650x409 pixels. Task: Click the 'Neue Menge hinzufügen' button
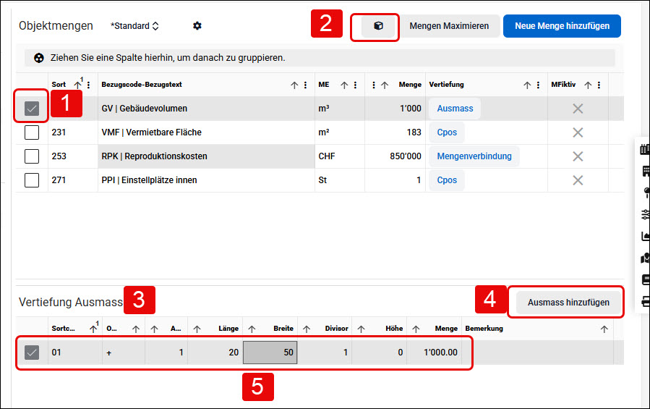click(x=562, y=26)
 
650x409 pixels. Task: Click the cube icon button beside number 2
click(x=378, y=26)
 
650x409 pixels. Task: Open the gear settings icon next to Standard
click(x=197, y=26)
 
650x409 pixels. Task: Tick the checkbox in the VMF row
click(x=32, y=132)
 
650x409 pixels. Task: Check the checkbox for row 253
click(x=32, y=156)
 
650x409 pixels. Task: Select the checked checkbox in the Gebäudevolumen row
click(x=32, y=109)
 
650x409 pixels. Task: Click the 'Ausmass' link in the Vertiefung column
click(x=455, y=109)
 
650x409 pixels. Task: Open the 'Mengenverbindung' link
click(x=474, y=156)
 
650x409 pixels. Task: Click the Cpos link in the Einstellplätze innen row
click(x=447, y=180)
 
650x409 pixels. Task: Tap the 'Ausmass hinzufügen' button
click(x=568, y=303)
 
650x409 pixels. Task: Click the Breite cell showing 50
click(x=270, y=353)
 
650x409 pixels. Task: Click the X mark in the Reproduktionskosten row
click(x=578, y=156)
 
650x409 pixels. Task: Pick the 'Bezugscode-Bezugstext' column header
click(x=142, y=85)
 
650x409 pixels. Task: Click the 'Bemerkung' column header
click(x=484, y=329)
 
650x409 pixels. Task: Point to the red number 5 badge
click(x=258, y=387)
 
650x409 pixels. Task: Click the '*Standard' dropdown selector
click(x=134, y=26)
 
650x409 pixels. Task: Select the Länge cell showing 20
click(x=215, y=353)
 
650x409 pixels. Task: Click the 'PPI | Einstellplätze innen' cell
click(x=149, y=180)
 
